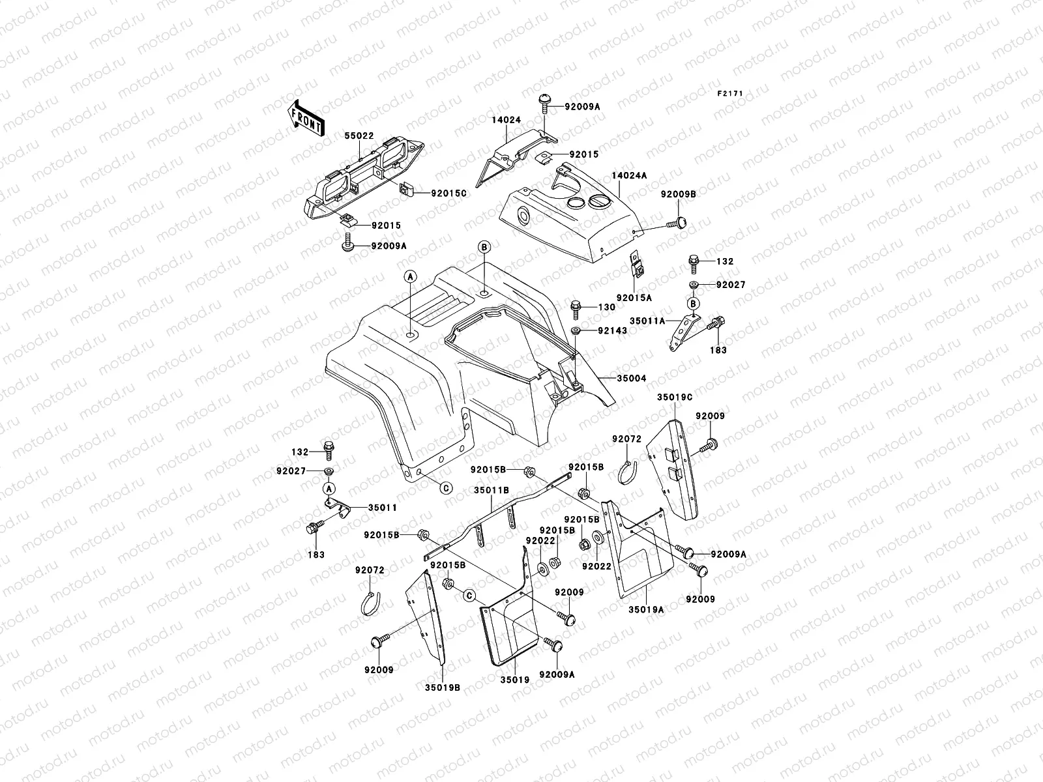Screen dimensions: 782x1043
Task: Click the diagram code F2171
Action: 730,94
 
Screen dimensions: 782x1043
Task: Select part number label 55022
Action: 359,136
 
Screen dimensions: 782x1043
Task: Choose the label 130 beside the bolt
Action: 606,307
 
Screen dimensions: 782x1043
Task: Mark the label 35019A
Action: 646,610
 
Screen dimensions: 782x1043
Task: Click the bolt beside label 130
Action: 576,306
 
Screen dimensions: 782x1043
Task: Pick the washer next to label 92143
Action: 577,332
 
